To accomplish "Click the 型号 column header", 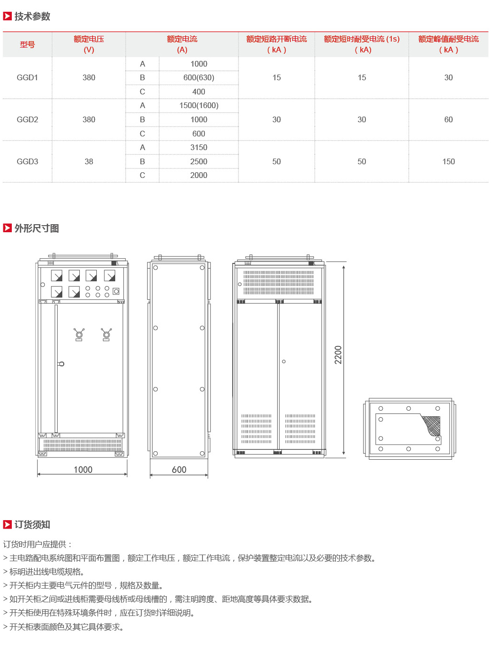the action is point(27,44).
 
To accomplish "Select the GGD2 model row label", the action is point(27,119).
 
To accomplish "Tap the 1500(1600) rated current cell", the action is point(199,106).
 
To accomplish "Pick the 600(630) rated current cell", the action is point(199,77).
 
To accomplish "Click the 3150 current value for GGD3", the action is point(199,147).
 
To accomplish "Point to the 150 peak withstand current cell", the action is point(449,161).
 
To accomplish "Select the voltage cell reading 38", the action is point(89,161).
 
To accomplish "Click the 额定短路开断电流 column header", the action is point(276,39).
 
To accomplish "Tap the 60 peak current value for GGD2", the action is point(449,119).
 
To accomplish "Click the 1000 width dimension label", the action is point(83,470).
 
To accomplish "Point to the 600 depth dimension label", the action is point(179,470).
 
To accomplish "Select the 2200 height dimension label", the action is point(338,355).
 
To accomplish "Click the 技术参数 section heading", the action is point(32,16).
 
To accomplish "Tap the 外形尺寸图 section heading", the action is point(37,228).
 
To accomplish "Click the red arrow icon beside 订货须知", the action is point(7,524).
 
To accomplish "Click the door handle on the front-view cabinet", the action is point(61,364).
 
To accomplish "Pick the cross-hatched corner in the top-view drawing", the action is point(432,425).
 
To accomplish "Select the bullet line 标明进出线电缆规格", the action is point(44,572).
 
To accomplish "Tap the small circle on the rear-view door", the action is point(284,361).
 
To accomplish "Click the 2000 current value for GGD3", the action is point(199,175).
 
